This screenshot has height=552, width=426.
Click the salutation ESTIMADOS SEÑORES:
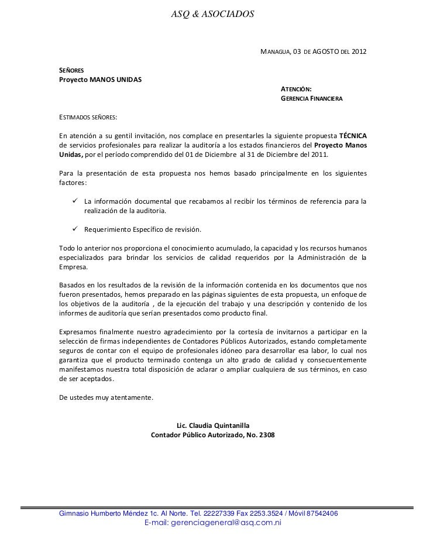click(88, 116)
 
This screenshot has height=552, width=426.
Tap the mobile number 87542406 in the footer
click(319, 513)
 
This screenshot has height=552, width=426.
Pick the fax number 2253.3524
click(263, 513)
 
